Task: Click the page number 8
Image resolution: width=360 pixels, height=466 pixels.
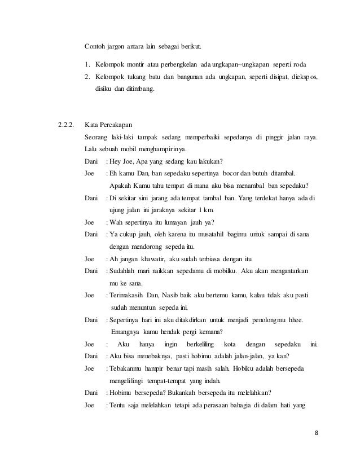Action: point(317,433)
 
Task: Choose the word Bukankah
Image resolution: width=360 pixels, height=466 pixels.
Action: point(181,393)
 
